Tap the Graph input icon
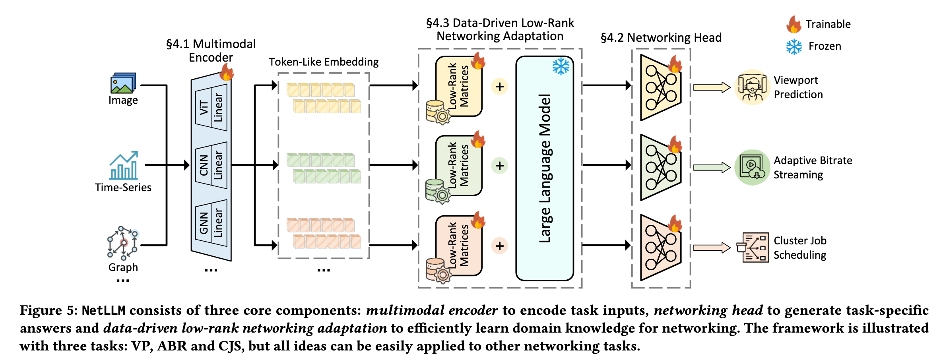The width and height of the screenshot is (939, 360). tap(123, 243)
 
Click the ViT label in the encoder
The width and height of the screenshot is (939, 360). tap(204, 107)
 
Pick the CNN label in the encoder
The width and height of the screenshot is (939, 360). tap(204, 165)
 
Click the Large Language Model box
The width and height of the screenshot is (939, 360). tap(545, 168)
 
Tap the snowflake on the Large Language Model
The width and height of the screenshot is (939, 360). tap(561, 66)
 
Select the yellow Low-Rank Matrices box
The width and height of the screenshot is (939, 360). tap(459, 86)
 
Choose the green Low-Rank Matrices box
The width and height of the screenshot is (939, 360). tap(459, 165)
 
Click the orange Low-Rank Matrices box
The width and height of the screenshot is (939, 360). tap(459, 245)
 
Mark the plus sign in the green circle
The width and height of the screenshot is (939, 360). tap(500, 166)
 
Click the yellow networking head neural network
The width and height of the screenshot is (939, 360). tap(660, 88)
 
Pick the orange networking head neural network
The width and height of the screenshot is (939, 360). tap(660, 247)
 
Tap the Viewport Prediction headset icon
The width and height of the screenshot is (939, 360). tap(752, 87)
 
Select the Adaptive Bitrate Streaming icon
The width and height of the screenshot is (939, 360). tap(752, 167)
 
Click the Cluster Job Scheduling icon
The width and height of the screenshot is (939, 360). tap(753, 247)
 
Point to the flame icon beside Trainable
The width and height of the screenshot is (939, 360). tap(793, 24)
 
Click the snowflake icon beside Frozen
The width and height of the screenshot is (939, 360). tap(794, 46)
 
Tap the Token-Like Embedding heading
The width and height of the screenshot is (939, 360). tap(324, 62)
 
